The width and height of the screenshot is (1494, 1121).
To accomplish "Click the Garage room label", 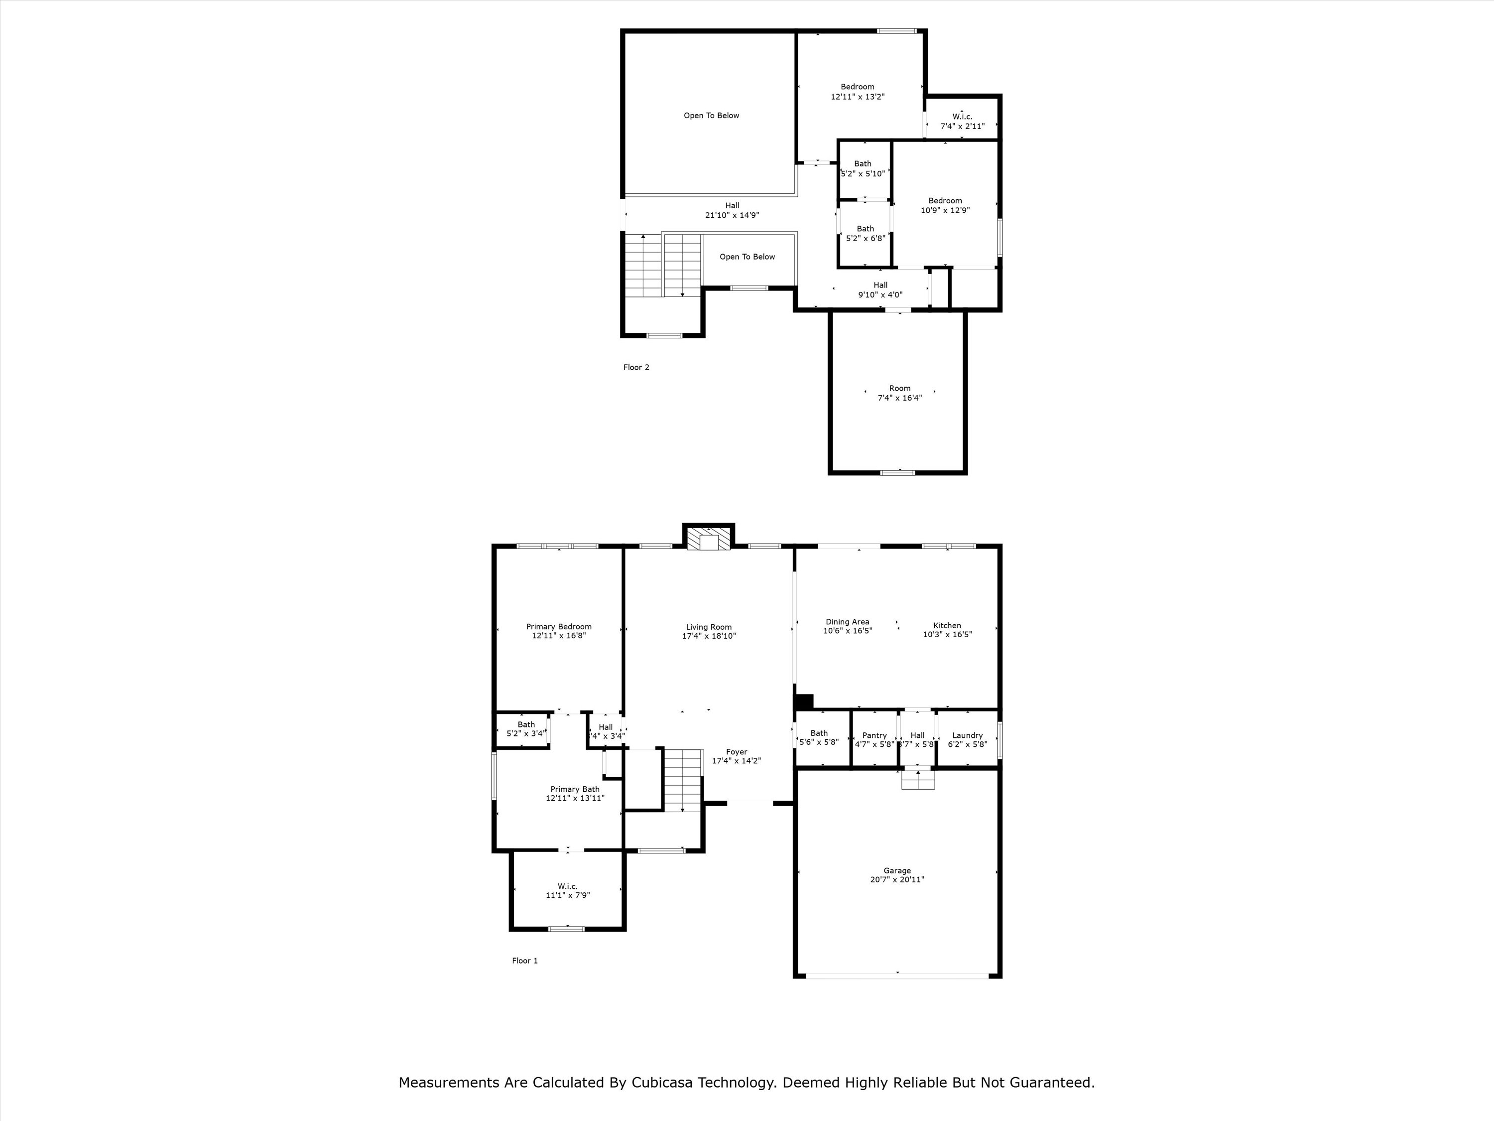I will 897,870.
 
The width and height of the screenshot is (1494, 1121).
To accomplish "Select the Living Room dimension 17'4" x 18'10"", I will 709,636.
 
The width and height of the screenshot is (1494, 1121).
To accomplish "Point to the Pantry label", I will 874,735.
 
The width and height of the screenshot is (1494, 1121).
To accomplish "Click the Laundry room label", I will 967,735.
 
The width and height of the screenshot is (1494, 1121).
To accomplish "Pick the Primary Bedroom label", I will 559,626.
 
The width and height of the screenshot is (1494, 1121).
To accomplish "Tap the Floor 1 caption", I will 525,960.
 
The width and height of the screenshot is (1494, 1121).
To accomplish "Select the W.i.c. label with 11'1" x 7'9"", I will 567,886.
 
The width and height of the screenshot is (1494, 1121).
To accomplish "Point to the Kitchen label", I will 947,625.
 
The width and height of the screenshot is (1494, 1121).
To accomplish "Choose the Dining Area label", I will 847,622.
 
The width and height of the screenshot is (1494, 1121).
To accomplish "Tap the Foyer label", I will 736,751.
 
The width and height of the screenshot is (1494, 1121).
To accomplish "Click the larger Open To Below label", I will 711,116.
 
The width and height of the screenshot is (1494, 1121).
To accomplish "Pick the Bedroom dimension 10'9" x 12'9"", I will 945,210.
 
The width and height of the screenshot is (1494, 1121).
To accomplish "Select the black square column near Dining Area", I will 804,701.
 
